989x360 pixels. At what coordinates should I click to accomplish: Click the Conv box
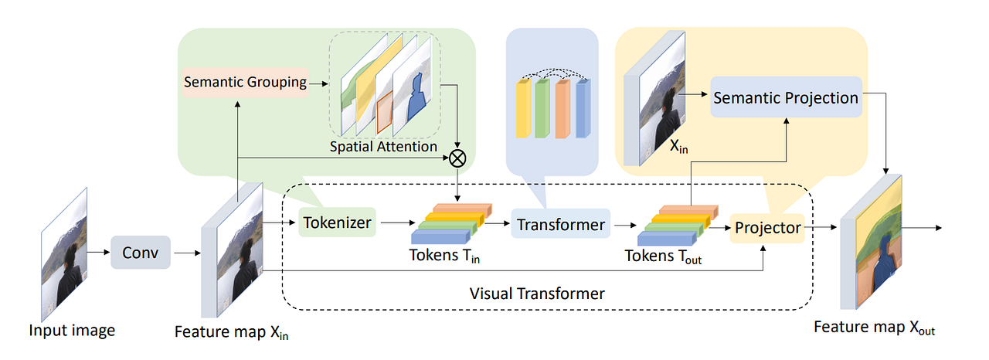140,253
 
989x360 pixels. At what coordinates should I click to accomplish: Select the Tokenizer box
336,224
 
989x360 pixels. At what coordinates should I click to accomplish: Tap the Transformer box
560,225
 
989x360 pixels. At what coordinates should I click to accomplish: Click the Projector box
767,228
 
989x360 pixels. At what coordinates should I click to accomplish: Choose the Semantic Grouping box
244,82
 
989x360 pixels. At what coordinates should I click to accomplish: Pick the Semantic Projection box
785,98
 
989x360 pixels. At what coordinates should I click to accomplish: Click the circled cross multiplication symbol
458,158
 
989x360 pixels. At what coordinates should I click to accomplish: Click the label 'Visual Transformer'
537,294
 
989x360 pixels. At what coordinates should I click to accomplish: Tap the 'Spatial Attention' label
384,146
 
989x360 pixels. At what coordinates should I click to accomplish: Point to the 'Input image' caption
72,331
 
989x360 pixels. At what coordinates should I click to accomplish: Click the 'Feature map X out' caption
874,328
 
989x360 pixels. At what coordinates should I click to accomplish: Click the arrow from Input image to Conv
97,252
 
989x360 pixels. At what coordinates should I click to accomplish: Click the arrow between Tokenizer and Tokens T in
395,225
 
